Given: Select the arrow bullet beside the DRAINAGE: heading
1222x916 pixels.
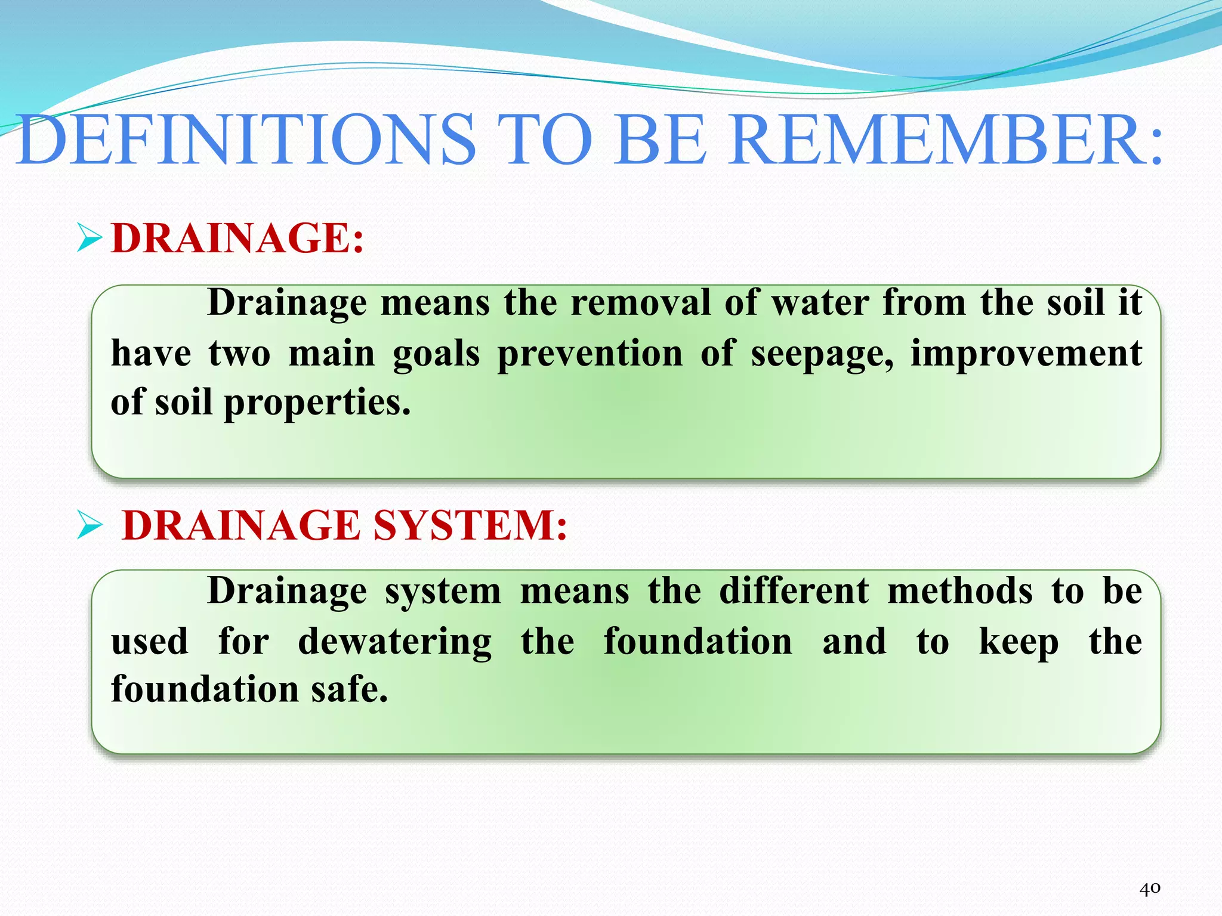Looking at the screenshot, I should coord(90,239).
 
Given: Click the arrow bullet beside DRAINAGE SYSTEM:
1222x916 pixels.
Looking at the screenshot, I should coord(90,526).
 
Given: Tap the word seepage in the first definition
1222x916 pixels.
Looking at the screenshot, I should coord(822,354).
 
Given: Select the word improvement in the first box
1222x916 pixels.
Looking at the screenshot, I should coord(1026,354).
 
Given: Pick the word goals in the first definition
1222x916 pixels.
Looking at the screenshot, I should coord(436,354).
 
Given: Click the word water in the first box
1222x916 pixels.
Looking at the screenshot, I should coord(820,302).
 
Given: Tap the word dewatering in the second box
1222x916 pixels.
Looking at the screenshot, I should coord(395,642).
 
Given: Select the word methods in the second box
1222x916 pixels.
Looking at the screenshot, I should coord(960,592).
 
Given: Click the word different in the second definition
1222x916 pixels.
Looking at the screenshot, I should coord(794,592).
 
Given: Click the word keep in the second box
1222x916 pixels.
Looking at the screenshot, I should coord(1019,642).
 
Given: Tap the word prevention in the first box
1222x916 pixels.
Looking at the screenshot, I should coord(590,354).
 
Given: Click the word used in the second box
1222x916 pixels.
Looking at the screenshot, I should coord(150,642).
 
